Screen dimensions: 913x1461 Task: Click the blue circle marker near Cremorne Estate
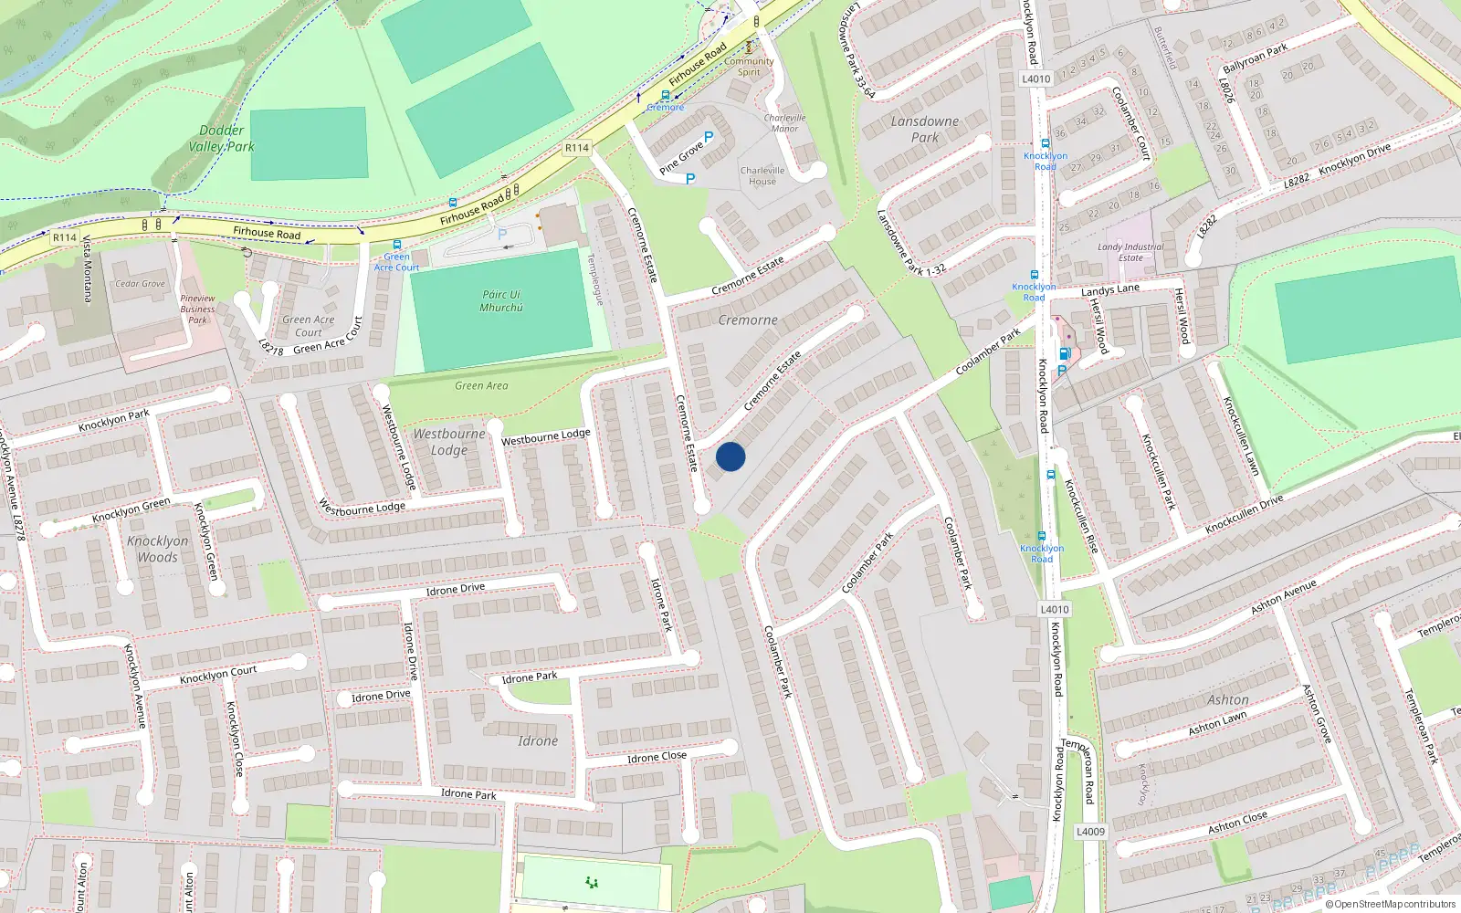(x=730, y=456)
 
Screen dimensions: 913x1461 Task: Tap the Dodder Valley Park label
(x=221, y=139)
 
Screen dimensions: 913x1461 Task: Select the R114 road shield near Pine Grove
(x=577, y=148)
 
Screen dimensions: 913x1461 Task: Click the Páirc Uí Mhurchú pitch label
(x=501, y=301)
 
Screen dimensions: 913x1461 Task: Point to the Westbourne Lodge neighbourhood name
(x=448, y=442)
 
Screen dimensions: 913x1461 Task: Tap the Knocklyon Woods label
(x=157, y=549)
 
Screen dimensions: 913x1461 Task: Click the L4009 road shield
(x=1090, y=832)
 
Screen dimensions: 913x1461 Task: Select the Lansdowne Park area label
(x=924, y=129)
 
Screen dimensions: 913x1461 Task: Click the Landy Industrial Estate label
(x=1130, y=252)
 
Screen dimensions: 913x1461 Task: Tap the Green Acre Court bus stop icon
(x=396, y=245)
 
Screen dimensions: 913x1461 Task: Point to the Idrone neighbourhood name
(x=537, y=741)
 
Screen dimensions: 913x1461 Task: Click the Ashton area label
(x=1227, y=700)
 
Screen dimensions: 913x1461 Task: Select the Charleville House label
(x=762, y=175)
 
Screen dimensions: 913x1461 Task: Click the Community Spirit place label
(x=749, y=67)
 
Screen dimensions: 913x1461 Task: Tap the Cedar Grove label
(x=140, y=284)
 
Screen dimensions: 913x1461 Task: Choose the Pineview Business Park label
(x=197, y=309)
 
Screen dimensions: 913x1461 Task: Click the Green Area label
(x=481, y=386)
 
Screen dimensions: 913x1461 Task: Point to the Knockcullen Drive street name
(x=1244, y=515)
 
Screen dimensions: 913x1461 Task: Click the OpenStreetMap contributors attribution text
(x=1394, y=905)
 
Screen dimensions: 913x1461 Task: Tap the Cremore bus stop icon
(x=665, y=95)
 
